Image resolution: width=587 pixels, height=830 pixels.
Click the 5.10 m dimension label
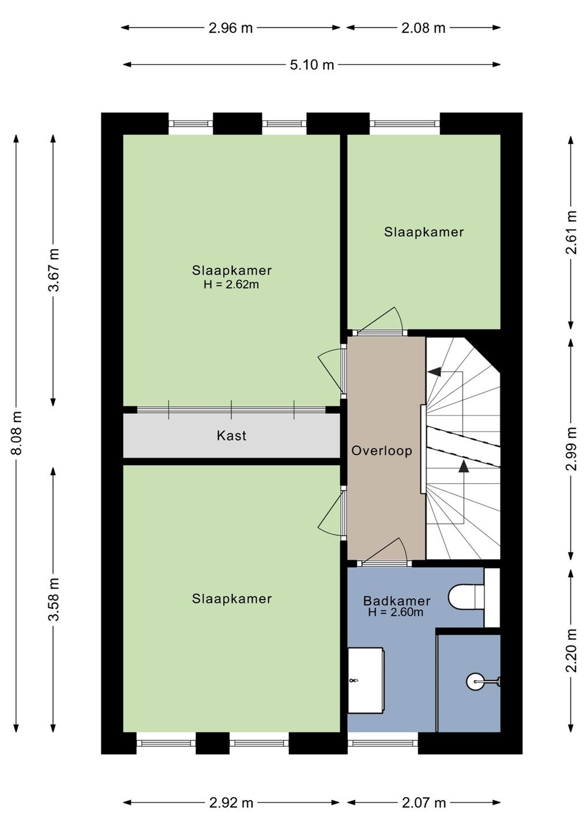tap(311, 65)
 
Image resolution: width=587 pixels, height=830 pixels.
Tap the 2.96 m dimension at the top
tap(231, 28)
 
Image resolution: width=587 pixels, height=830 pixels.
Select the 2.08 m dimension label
tap(423, 28)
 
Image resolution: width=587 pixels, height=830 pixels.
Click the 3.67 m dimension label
tap(54, 270)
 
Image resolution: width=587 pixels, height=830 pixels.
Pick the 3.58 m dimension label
tap(54, 599)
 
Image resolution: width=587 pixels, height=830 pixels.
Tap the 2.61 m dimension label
tap(571, 232)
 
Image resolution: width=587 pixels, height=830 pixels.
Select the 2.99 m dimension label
tap(571, 448)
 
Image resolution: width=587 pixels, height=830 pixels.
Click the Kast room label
tap(232, 436)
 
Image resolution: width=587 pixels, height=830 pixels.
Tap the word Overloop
tap(382, 451)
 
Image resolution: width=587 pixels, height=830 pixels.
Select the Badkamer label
tap(397, 601)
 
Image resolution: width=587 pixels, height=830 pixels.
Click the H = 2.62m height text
tap(231, 285)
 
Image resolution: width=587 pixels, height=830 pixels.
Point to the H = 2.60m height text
tap(396, 612)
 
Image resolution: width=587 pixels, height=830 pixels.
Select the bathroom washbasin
tap(366, 680)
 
